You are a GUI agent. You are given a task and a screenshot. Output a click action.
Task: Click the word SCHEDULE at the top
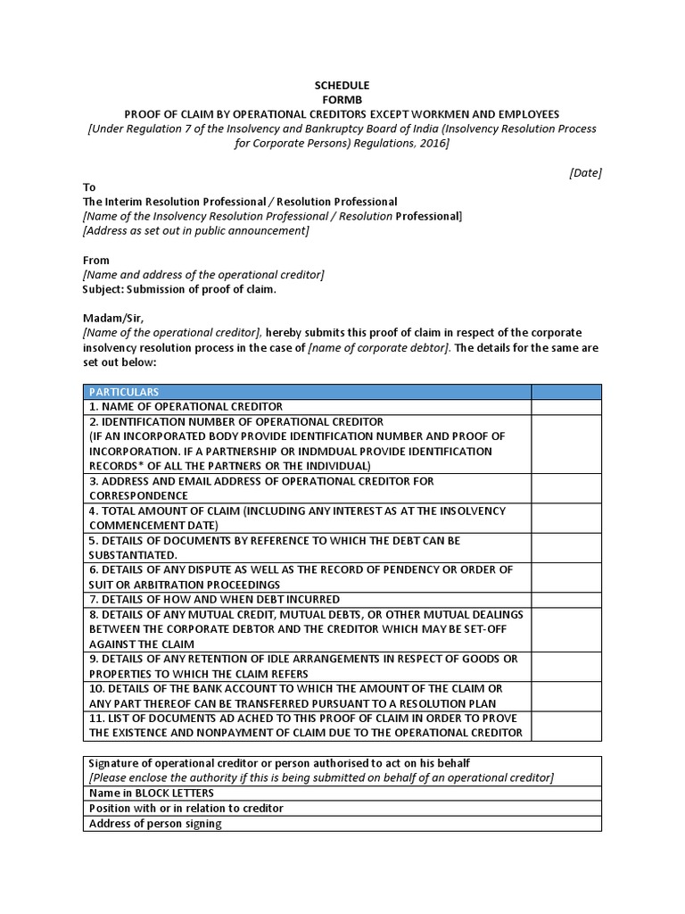pos(342,86)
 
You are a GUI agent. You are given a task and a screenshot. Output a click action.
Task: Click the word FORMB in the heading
pos(342,100)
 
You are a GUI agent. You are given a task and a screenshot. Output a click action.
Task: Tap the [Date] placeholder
pos(585,173)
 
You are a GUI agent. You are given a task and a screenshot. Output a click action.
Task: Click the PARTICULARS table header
pos(123,392)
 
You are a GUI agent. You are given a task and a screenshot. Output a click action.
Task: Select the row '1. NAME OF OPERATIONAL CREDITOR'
pos(186,407)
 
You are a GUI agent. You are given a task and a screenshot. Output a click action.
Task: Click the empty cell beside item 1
pos(566,407)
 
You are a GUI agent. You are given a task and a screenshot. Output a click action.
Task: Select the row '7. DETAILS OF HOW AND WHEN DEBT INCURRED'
pos(214,599)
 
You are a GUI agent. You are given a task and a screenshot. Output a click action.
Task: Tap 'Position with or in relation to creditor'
pos(186,808)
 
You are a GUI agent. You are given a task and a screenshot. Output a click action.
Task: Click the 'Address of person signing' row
pos(155,824)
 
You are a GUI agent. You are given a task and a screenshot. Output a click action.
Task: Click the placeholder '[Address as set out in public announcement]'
pos(195,231)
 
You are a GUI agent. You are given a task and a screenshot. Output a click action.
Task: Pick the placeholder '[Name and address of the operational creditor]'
pos(203,275)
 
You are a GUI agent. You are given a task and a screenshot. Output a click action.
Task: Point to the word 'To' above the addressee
pos(88,187)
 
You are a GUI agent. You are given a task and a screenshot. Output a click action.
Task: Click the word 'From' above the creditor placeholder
pos(96,261)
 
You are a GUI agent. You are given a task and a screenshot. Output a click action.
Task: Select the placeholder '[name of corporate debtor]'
pos(379,348)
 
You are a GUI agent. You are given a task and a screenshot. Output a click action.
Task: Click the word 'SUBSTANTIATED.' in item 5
pos(127,555)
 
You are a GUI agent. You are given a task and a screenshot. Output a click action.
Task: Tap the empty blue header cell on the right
pos(566,392)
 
